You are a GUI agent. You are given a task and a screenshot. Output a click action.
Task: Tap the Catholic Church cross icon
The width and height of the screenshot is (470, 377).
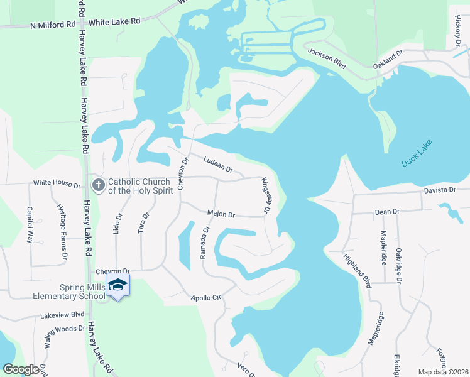98,185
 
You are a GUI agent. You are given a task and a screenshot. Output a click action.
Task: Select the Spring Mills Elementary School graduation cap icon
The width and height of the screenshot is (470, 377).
117,285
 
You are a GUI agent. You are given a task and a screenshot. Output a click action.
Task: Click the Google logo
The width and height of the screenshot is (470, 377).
21,369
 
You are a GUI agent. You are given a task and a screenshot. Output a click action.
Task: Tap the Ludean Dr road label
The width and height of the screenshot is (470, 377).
218,166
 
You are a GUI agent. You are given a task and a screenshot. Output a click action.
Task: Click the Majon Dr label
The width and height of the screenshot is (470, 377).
221,215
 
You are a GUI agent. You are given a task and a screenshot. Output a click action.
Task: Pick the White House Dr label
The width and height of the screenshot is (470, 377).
57,185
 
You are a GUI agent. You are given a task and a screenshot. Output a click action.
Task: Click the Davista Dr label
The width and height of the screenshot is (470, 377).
439,190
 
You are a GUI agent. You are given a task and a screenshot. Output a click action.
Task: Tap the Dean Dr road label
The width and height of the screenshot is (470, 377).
387,212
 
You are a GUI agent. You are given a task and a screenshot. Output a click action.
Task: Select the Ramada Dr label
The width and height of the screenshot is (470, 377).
204,241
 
